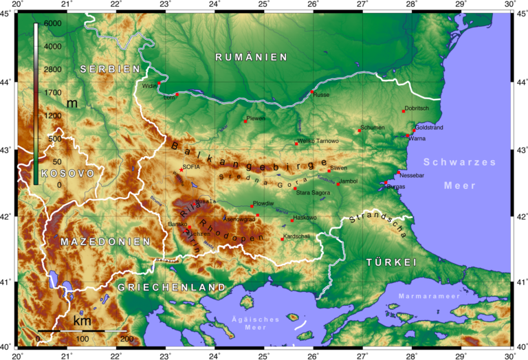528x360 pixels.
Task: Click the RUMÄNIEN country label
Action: pyautogui.click(x=251, y=57)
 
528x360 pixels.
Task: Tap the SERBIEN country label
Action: pyautogui.click(x=110, y=69)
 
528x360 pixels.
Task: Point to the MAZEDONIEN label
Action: pyautogui.click(x=105, y=242)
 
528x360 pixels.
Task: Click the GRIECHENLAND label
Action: pyautogui.click(x=171, y=286)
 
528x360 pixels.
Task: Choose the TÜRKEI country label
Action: pyautogui.click(x=392, y=262)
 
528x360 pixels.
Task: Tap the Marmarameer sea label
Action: pyautogui.click(x=421, y=297)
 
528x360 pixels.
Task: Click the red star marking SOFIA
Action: pyautogui.click(x=181, y=169)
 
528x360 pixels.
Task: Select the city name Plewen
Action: pyautogui.click(x=256, y=118)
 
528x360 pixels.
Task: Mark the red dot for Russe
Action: pyautogui.click(x=312, y=91)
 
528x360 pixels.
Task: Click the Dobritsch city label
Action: pyautogui.click(x=417, y=108)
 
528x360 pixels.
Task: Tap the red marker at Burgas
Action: pyautogui.click(x=385, y=183)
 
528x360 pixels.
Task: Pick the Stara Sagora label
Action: pyautogui.click(x=313, y=193)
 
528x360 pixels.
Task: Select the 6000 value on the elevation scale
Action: pyautogui.click(x=52, y=23)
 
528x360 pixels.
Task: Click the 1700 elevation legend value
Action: pyautogui.click(x=52, y=92)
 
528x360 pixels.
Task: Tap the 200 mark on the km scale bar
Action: pyautogui.click(x=126, y=339)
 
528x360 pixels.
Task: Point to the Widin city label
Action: pyautogui.click(x=149, y=86)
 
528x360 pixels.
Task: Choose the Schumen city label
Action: pyautogui.click(x=373, y=127)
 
